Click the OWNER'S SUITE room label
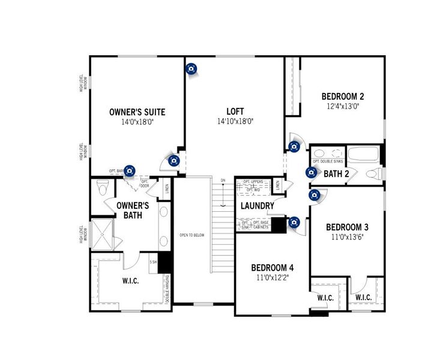137,112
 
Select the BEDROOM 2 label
342,96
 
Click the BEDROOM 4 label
272,268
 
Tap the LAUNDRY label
258,206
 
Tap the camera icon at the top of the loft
191,69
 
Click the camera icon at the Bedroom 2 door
294,146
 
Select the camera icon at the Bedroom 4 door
294,223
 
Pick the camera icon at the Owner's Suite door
173,160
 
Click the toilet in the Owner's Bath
103,190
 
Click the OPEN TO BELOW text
192,235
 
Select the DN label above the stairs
223,181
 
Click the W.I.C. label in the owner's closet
130,281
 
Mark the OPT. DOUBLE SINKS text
328,162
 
